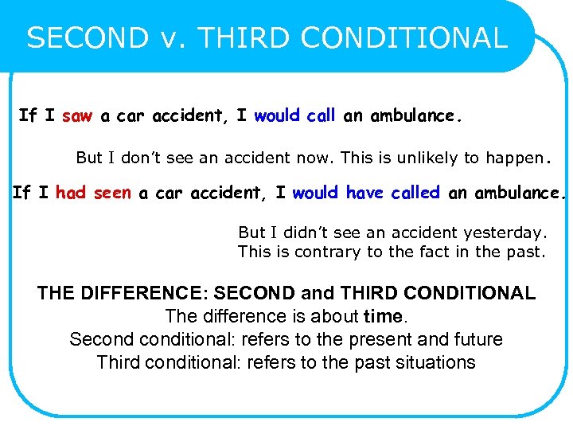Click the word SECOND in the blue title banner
click(88, 38)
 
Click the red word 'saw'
click(77, 116)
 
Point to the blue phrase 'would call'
click(295, 116)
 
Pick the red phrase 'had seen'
click(93, 193)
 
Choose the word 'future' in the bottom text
click(476, 339)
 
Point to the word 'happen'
click(513, 158)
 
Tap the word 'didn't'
click(301, 233)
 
